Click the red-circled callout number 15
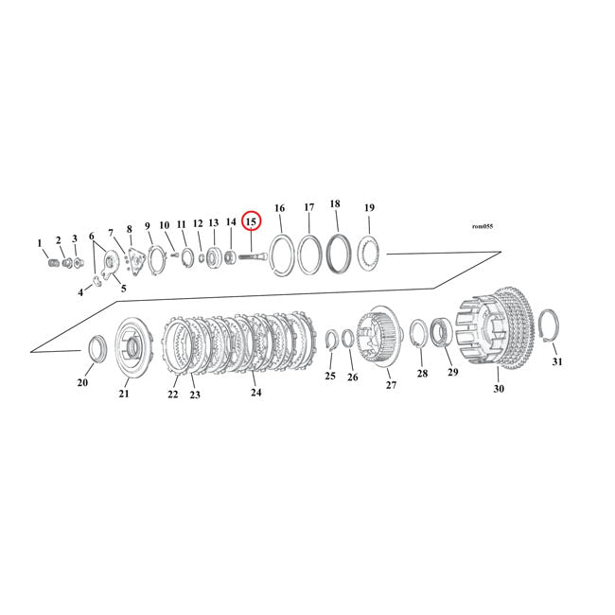point(251,221)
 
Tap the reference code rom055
point(482,226)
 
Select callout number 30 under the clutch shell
point(499,388)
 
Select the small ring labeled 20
point(97,348)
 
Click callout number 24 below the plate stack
point(255,392)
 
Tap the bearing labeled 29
point(442,333)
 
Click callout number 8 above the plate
point(129,229)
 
